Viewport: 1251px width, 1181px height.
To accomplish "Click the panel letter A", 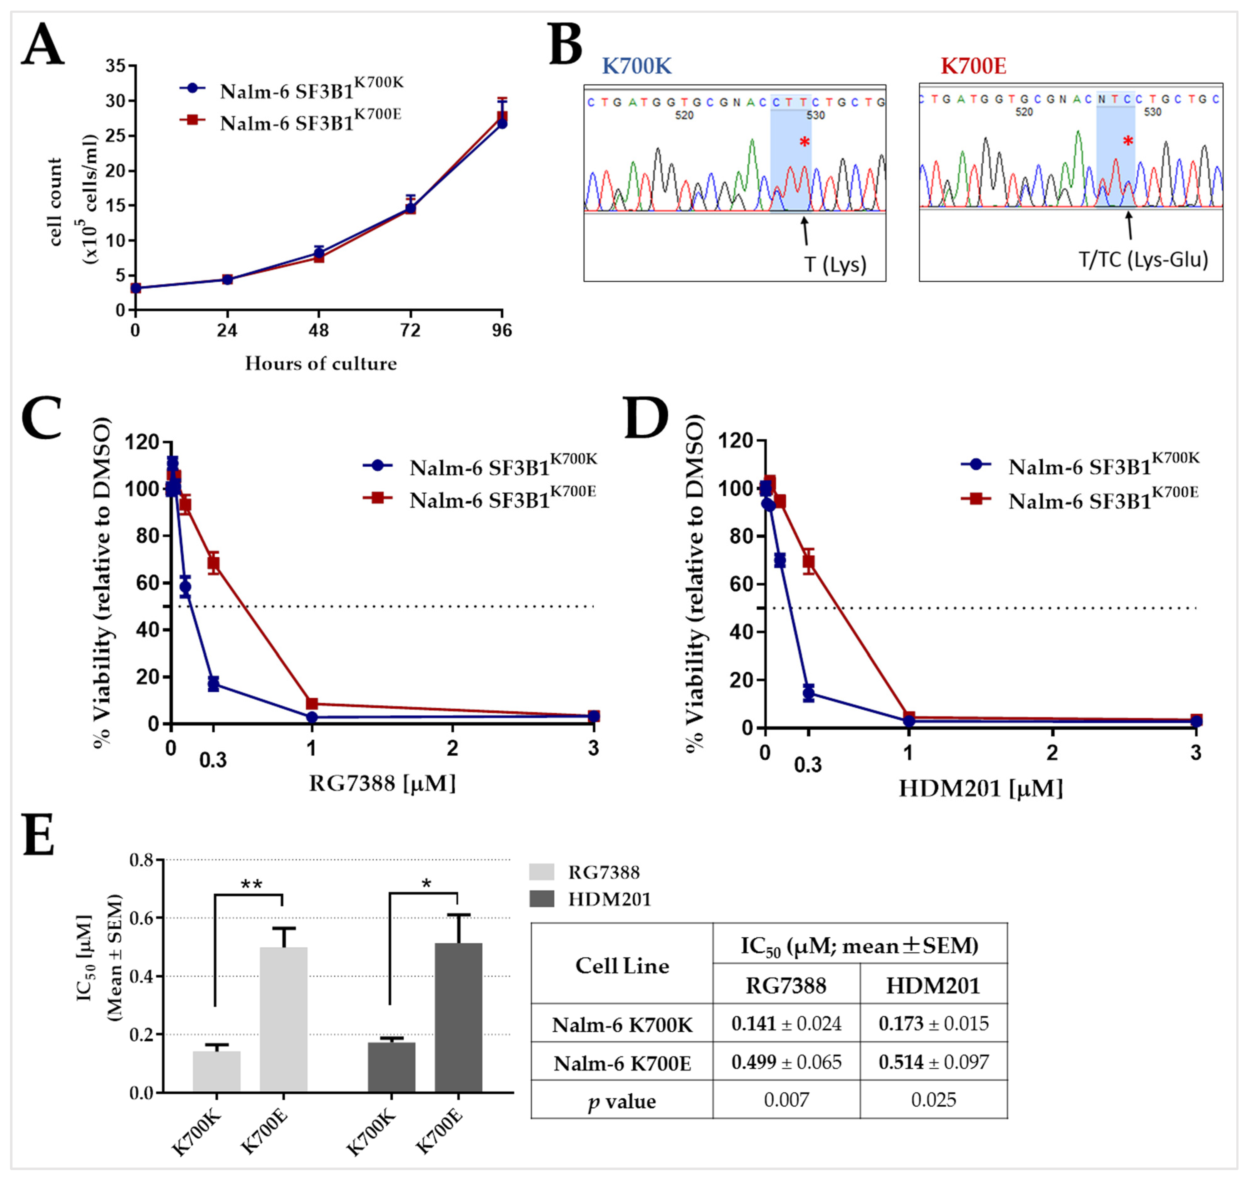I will click(43, 45).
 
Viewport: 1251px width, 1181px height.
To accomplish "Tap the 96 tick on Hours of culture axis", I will click(502, 330).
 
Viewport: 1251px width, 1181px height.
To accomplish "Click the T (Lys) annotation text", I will click(835, 264).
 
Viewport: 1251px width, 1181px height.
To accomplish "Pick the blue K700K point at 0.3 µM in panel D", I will click(808, 694).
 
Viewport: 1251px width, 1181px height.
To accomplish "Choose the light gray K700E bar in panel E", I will click(283, 1020).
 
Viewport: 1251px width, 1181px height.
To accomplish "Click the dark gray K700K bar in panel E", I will click(391, 1067).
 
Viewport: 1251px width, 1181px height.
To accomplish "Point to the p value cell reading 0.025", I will click(933, 1100).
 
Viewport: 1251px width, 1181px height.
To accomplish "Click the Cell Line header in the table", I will click(622, 966).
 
